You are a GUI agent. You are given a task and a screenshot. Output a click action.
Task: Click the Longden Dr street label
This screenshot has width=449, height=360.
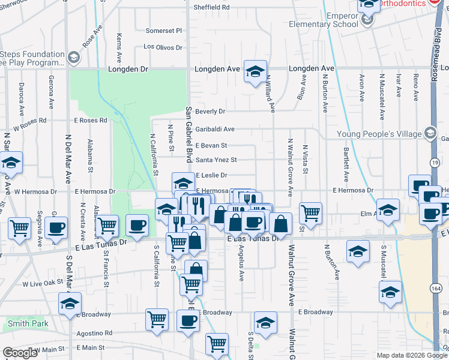tap(128, 69)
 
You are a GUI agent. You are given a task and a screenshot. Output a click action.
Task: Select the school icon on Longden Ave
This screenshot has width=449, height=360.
tap(255, 71)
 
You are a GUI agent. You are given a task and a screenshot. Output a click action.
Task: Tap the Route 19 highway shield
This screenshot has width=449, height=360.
tap(435, 163)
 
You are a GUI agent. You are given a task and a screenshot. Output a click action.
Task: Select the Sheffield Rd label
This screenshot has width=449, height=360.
tap(211, 8)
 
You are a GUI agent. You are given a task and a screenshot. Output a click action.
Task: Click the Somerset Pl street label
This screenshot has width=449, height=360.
tap(164, 31)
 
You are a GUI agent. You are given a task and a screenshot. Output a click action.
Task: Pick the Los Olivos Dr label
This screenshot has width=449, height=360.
tap(162, 47)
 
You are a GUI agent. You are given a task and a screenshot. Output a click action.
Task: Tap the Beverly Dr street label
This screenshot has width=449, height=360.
tap(210, 112)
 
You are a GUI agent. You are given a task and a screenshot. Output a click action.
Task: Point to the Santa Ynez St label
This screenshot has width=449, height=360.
tap(217, 160)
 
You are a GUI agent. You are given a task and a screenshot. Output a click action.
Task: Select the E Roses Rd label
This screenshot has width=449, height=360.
tap(91, 120)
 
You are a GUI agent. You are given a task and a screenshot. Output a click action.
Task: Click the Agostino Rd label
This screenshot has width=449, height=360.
tap(94, 333)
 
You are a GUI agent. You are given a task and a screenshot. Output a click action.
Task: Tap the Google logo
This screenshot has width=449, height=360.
tap(20, 352)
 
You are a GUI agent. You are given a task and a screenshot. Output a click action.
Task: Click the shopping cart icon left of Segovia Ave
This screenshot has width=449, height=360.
tap(20, 229)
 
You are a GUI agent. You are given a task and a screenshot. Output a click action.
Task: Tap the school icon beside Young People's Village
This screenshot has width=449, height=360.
tap(430, 133)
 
